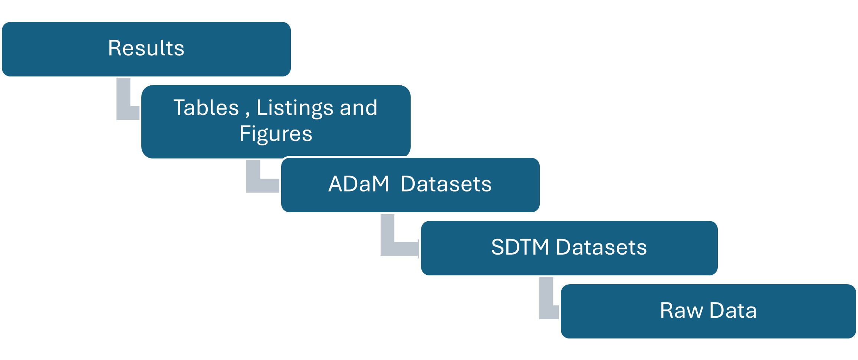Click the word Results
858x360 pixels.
click(146, 48)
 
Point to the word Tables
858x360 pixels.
click(206, 108)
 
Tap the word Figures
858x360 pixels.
click(276, 134)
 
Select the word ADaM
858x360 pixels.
click(358, 184)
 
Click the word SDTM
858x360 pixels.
click(520, 247)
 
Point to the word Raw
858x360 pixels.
click(681, 311)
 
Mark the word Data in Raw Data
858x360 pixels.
click(733, 311)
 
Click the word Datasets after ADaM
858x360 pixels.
click(446, 184)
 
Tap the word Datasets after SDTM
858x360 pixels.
click(601, 247)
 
